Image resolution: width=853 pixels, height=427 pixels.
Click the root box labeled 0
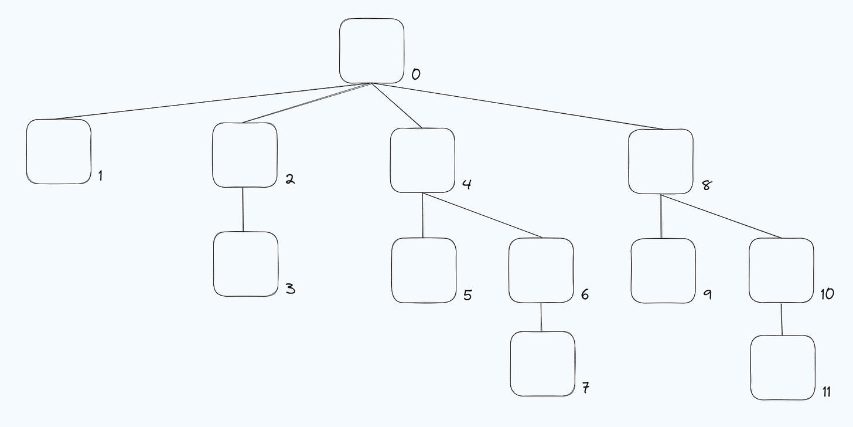click(372, 51)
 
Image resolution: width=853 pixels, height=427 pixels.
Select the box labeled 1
click(59, 151)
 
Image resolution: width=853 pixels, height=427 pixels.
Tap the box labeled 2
click(244, 155)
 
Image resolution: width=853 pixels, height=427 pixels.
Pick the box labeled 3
click(245, 264)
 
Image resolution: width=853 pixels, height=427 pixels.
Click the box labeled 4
click(422, 160)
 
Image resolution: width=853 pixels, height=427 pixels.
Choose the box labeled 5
click(424, 270)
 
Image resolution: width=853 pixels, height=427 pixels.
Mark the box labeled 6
click(541, 270)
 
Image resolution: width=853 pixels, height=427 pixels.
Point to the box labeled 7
click(542, 364)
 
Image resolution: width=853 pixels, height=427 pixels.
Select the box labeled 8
click(660, 161)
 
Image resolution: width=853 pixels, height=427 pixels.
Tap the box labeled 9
click(663, 270)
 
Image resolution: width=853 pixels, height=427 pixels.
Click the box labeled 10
click(782, 270)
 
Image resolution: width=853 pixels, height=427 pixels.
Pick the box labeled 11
click(783, 368)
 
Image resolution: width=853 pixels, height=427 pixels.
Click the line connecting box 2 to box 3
click(243, 209)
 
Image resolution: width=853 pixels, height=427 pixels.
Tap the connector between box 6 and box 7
click(541, 317)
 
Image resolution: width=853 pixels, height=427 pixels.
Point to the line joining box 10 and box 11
click(782, 319)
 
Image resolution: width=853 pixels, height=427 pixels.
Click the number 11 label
click(826, 392)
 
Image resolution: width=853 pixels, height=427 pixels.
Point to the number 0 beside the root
click(415, 74)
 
